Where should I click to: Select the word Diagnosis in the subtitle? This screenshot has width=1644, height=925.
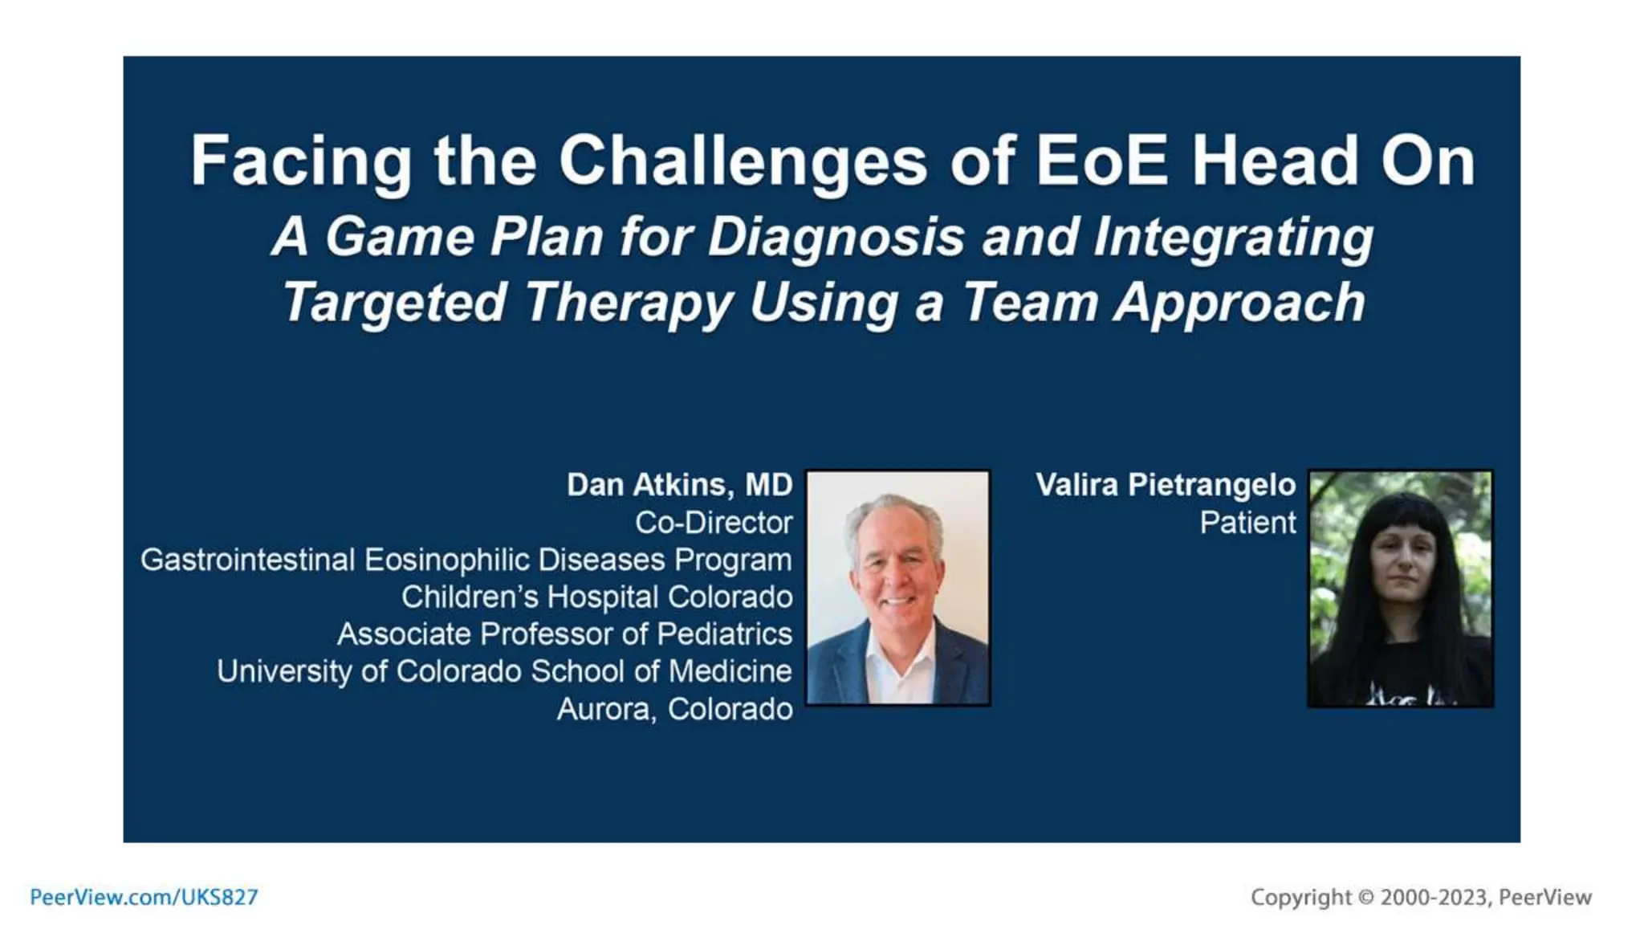(x=836, y=237)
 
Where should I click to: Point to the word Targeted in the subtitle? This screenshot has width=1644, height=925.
(x=394, y=303)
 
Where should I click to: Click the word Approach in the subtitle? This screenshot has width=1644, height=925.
(x=1239, y=303)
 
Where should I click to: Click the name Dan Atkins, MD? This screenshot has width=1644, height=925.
(x=679, y=485)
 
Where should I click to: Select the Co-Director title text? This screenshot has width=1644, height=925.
(x=713, y=523)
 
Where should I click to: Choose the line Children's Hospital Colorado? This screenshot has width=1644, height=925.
(x=596, y=597)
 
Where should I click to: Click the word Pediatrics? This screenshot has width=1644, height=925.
(x=724, y=634)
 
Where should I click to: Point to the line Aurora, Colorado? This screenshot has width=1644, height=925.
(x=674, y=709)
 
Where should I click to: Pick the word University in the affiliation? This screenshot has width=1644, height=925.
(x=283, y=671)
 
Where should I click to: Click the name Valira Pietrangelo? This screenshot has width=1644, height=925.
(x=1165, y=485)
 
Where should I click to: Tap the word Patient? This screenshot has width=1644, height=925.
(x=1247, y=523)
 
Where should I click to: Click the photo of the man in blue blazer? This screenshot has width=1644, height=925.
(x=897, y=588)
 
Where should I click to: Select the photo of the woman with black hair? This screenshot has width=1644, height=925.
(x=1400, y=588)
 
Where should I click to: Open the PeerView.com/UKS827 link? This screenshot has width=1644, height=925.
(x=144, y=897)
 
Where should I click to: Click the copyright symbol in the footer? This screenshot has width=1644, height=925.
(x=1365, y=897)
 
